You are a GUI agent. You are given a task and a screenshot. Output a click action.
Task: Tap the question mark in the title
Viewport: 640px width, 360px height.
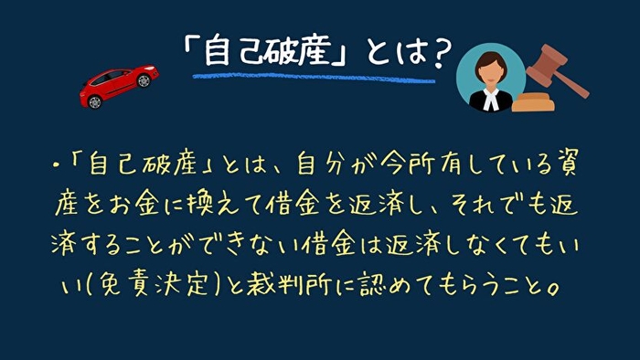click(x=439, y=51)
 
